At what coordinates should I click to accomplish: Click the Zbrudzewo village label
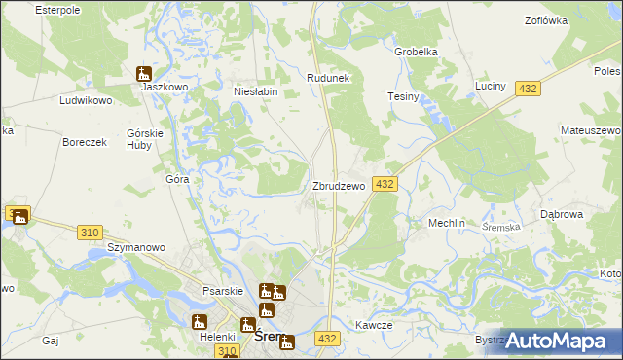[338, 185]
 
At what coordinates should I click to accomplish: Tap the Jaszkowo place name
[164, 86]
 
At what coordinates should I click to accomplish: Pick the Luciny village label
[491, 86]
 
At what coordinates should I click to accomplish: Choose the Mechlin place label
[447, 223]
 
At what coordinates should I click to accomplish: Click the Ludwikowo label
[87, 100]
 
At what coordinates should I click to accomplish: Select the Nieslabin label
[256, 91]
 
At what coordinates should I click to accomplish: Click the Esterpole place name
[56, 9]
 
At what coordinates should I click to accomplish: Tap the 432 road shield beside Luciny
[528, 89]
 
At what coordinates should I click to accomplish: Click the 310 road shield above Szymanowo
[91, 232]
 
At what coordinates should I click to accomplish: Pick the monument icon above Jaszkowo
[144, 72]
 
